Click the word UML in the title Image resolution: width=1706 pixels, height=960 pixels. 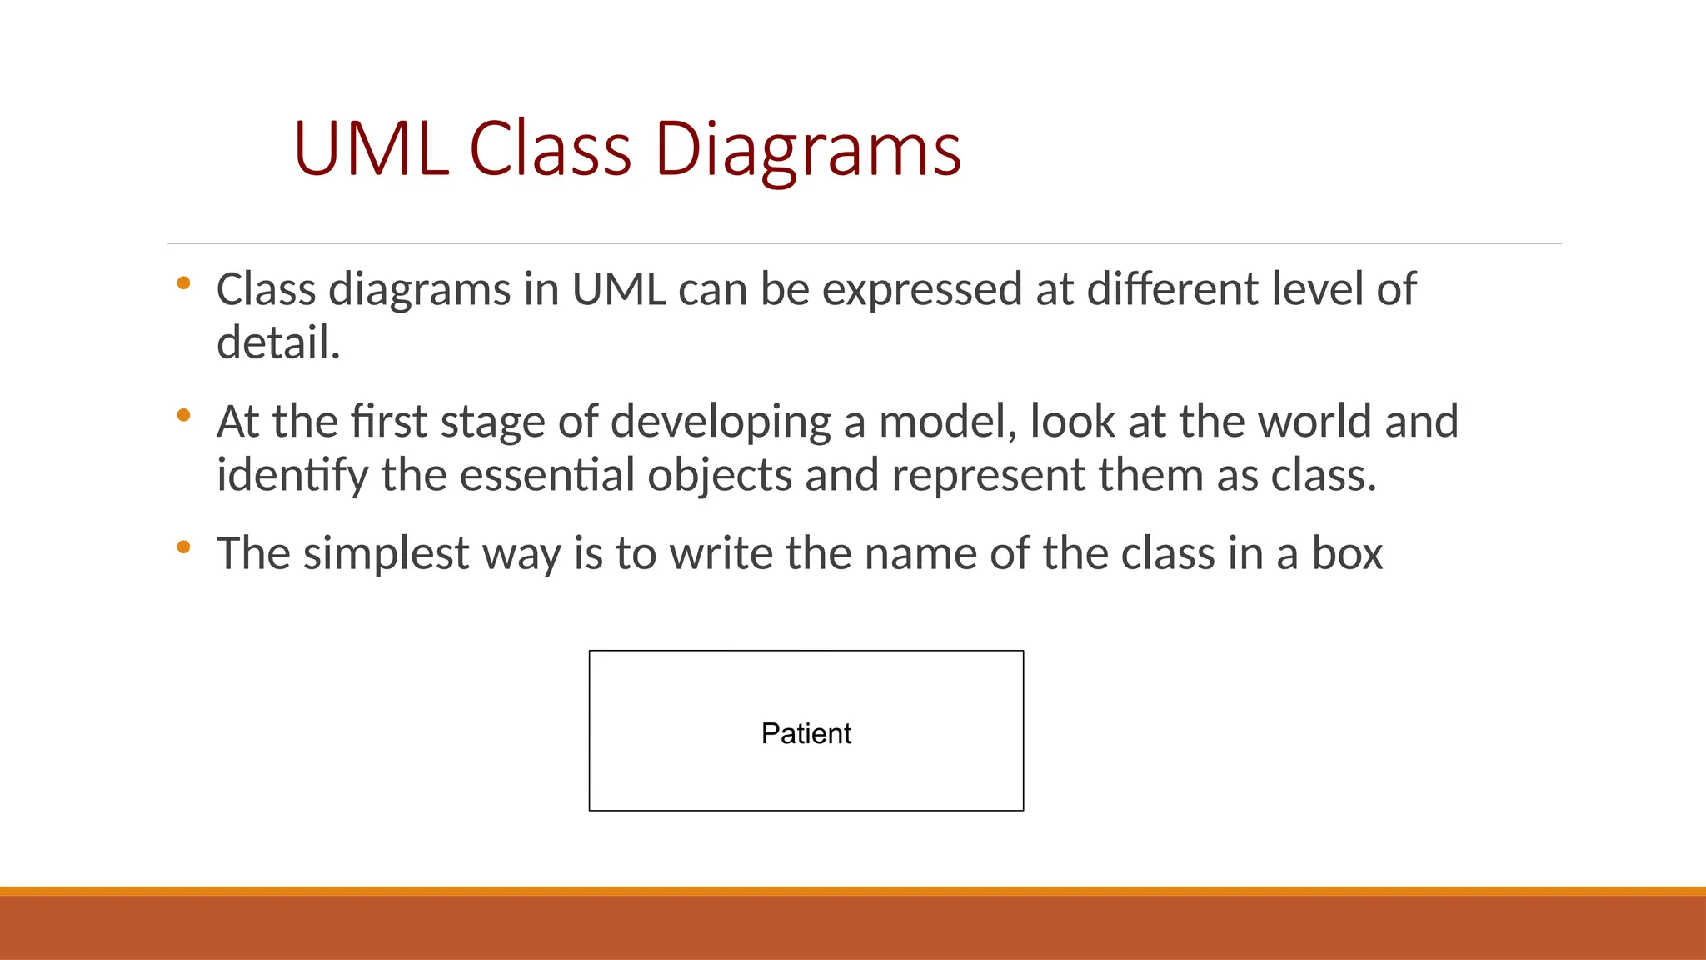372,150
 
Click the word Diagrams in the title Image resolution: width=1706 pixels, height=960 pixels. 807,150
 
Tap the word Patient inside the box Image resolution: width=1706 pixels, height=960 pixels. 806,733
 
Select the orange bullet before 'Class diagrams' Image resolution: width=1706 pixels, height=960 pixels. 184,283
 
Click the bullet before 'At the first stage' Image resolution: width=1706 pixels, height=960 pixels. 184,414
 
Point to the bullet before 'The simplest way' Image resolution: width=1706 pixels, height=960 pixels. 184,547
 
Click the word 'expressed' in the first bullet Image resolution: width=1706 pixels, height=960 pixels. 922,290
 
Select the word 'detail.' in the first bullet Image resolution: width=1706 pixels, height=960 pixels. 278,343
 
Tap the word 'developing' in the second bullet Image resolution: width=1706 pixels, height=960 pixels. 721,422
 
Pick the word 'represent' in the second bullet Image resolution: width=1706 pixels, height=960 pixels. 988,475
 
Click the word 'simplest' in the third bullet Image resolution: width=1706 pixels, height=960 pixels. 386,553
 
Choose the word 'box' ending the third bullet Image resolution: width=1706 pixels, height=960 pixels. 1347,553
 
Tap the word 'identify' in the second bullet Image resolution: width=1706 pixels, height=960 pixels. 292,475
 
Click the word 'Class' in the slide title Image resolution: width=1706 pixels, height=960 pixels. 551,150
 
